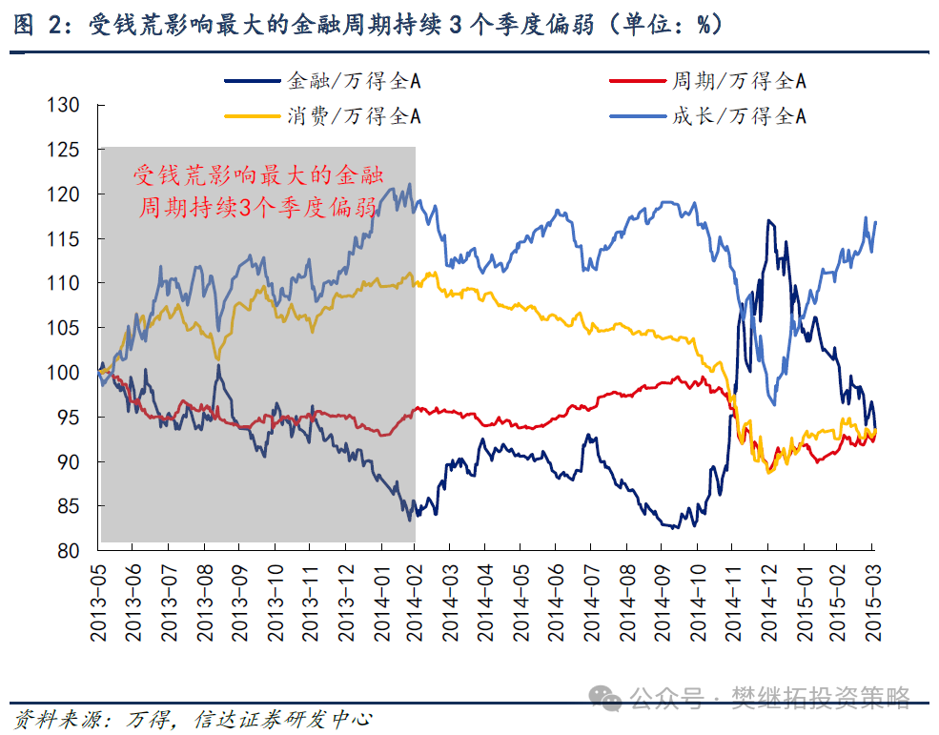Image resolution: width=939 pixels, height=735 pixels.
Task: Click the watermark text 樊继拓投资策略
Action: click(x=820, y=698)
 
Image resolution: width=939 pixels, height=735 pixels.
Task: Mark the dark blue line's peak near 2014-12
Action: click(x=767, y=221)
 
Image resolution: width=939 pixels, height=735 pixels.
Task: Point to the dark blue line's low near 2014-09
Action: click(x=670, y=527)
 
